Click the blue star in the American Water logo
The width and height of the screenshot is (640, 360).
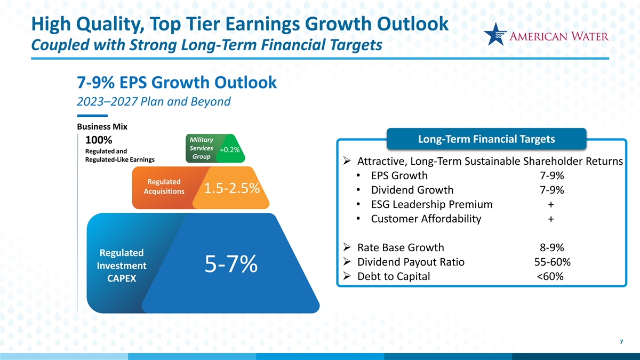point(494,34)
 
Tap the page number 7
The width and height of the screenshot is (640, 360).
point(621,342)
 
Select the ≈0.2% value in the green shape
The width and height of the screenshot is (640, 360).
point(230,150)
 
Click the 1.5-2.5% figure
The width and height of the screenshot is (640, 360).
point(231,188)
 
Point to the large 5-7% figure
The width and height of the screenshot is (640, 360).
point(231,264)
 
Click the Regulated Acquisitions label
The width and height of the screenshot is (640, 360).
point(164,186)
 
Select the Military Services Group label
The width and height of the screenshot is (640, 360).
point(202,148)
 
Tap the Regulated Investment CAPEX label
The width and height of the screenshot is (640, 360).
point(122,266)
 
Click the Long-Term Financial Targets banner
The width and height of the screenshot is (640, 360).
point(486,139)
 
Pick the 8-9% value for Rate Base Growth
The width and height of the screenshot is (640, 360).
point(551,247)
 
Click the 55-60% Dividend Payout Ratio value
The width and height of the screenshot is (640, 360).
point(553,262)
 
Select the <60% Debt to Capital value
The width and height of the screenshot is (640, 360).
point(550,276)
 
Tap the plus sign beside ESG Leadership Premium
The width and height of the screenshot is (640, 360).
point(551,205)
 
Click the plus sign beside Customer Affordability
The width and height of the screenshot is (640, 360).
point(551,219)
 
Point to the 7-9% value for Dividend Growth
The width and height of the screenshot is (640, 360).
point(551,190)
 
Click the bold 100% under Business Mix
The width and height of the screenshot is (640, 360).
point(99,140)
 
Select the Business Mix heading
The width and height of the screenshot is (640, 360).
point(102,126)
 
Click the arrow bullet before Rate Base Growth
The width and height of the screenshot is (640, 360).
point(347,247)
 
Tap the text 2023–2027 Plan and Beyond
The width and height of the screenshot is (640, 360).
point(154,101)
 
